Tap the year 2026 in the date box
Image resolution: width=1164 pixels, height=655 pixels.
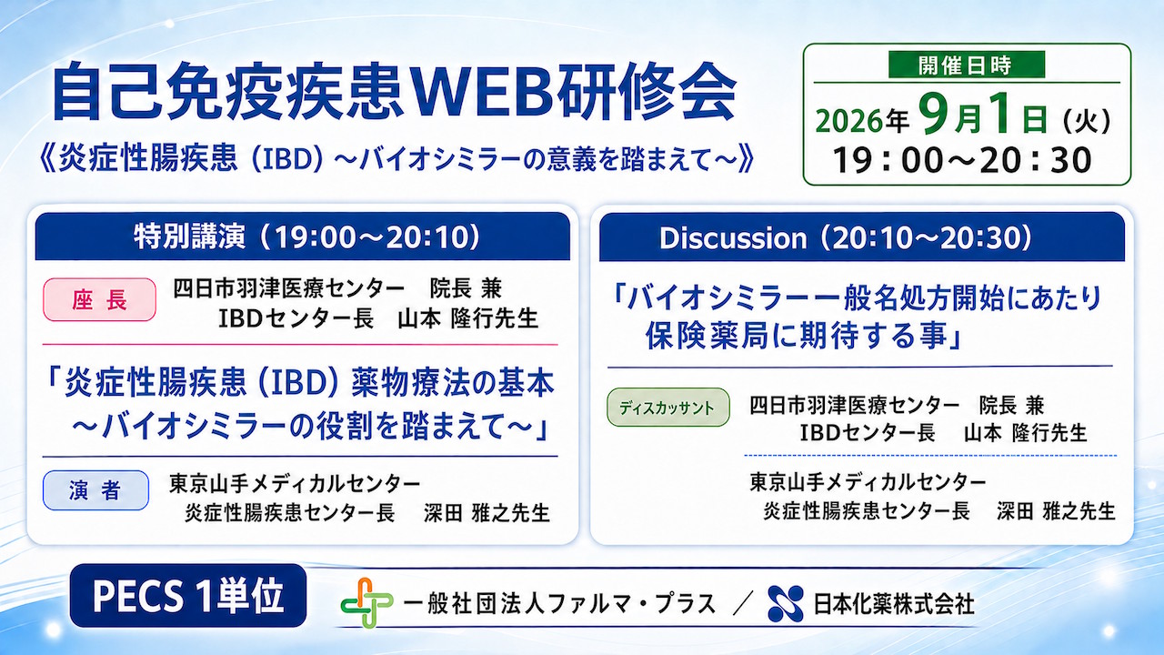pyautogui.click(x=849, y=121)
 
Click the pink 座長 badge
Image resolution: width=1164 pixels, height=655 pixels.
pyautogui.click(x=99, y=300)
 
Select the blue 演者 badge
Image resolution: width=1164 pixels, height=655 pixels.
pyautogui.click(x=95, y=490)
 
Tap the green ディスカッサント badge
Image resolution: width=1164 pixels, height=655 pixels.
pyautogui.click(x=668, y=408)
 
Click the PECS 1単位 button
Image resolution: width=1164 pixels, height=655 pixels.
pyautogui.click(x=188, y=596)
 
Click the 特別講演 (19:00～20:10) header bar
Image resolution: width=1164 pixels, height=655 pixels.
pyautogui.click(x=303, y=237)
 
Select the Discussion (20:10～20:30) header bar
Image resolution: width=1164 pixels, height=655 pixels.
pyautogui.click(x=863, y=237)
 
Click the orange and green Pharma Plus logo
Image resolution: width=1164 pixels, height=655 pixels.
pyautogui.click(x=366, y=603)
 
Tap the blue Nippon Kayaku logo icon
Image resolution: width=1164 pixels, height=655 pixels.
pyautogui.click(x=786, y=603)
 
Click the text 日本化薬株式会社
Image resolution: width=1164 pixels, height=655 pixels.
pyautogui.click(x=893, y=604)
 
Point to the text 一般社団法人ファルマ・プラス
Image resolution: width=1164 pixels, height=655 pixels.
pyautogui.click(x=559, y=604)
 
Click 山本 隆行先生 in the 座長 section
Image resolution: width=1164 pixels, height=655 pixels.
pyautogui.click(x=467, y=318)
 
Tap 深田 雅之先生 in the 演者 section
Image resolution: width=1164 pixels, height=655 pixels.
pyautogui.click(x=487, y=512)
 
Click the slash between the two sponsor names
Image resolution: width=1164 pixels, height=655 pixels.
pyautogui.click(x=742, y=605)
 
